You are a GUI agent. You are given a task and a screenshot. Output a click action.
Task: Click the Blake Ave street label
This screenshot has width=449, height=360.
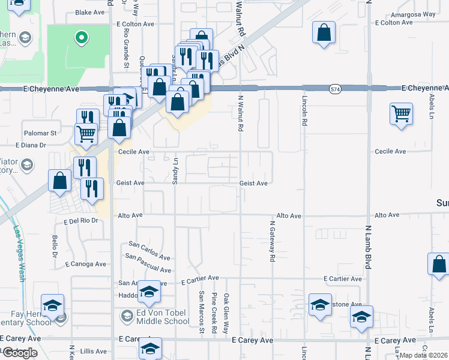pos(90,12)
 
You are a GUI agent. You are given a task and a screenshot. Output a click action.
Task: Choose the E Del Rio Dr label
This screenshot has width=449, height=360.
pos(80,221)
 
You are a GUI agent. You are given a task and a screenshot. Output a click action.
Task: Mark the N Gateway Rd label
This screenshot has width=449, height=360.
pos(272,241)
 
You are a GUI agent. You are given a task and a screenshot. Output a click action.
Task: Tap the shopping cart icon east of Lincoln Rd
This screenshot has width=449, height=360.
pos(401,113)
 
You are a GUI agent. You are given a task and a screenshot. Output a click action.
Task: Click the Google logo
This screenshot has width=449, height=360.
pos(20,353)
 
